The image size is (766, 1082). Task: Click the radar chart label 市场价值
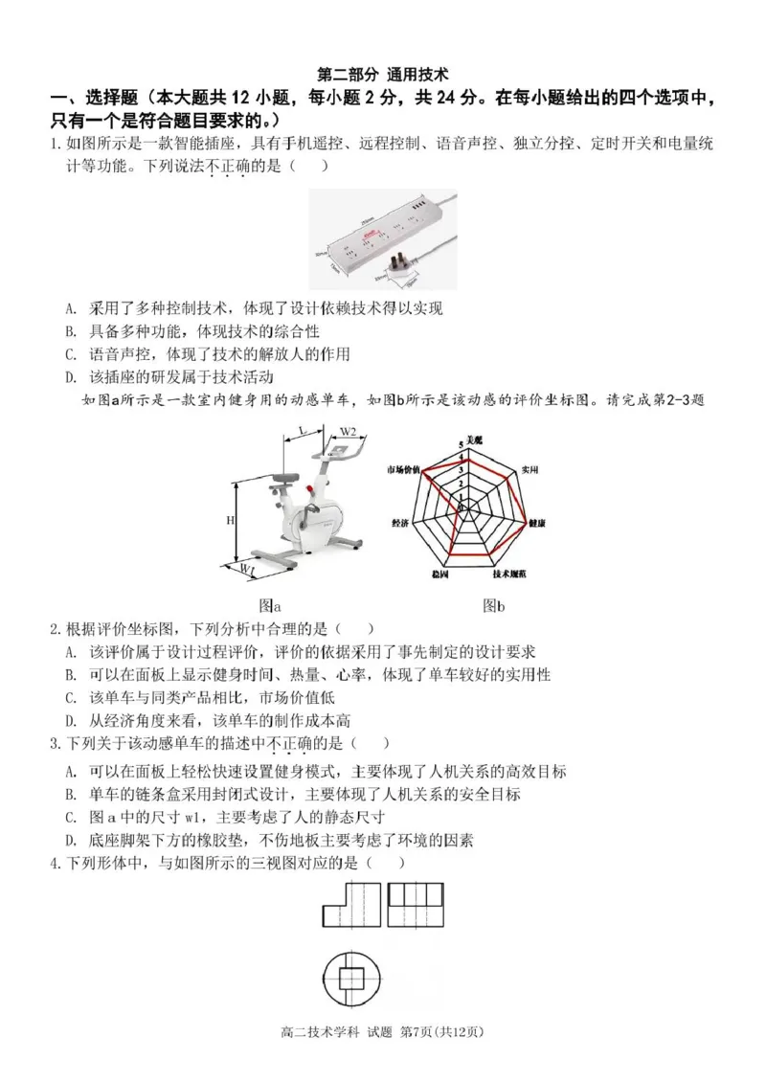tap(404, 470)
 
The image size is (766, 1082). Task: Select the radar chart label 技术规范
tap(509, 575)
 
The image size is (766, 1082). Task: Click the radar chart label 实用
tap(529, 470)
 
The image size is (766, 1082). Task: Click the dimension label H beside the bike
tap(230, 520)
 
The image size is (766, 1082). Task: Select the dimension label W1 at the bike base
tap(248, 571)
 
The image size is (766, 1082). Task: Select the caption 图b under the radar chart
tap(493, 605)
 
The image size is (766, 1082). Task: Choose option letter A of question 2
tap(71, 652)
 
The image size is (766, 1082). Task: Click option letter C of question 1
tap(71, 353)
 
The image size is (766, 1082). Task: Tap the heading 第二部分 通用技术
tap(383, 74)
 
